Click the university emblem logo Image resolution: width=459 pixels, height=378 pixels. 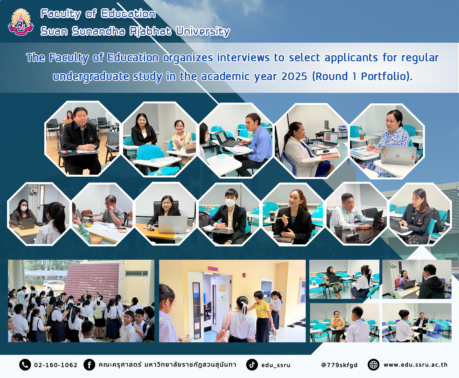click(x=21, y=22)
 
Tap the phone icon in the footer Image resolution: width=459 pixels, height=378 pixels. click(x=25, y=365)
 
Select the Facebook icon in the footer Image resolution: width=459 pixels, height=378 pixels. click(x=89, y=365)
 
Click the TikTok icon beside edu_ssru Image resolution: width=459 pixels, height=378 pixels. click(x=252, y=365)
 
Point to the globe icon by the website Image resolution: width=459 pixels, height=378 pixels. click(x=373, y=365)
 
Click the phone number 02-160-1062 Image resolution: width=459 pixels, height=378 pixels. click(x=56, y=365)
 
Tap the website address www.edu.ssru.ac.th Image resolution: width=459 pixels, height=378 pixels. click(x=415, y=365)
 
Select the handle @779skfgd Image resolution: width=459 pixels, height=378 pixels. click(x=339, y=365)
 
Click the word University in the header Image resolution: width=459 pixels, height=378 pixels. click(x=203, y=31)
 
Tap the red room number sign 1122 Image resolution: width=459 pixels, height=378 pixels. click(x=213, y=269)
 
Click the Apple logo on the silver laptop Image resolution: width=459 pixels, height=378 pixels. click(x=397, y=156)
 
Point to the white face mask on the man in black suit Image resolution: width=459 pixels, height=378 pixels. click(x=230, y=202)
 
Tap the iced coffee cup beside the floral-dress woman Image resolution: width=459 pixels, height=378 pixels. click(x=362, y=135)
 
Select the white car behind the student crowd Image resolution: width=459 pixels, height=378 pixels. click(x=54, y=285)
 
